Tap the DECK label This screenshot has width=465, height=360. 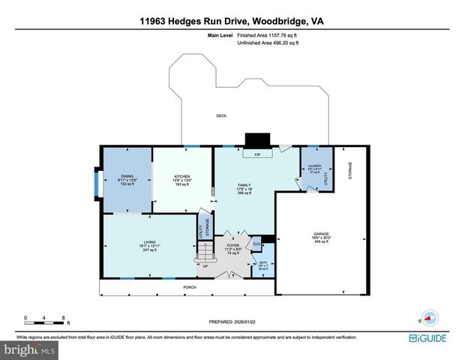pos(221,115)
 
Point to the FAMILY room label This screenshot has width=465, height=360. pos(244,184)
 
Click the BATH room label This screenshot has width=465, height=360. pos(262,263)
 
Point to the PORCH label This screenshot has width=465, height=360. pos(191,286)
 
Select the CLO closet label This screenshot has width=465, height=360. pos(256,244)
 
